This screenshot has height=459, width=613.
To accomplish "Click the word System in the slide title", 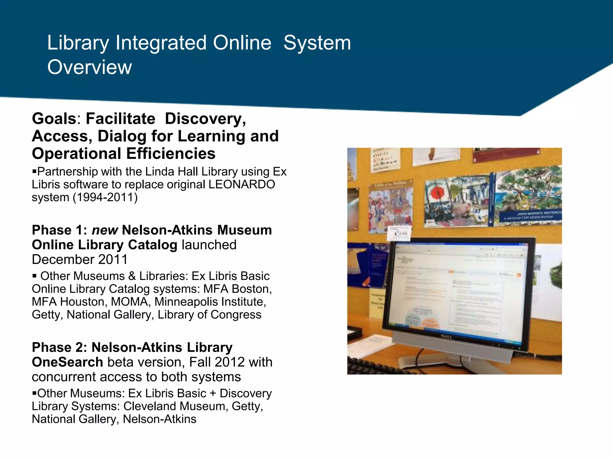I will click(317, 43).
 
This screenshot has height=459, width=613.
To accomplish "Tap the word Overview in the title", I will click(89, 67).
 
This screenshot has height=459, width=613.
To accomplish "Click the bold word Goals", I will click(54, 119).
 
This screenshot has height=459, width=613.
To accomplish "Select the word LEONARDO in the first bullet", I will click(242, 185).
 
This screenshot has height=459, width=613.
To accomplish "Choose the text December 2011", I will click(80, 259).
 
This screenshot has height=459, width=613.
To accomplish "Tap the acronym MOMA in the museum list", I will click(130, 302).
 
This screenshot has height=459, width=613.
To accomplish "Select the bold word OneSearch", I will click(67, 362).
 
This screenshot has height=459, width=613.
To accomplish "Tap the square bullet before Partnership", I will click(34, 172).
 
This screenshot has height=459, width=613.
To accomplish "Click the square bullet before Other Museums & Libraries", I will click(34, 276).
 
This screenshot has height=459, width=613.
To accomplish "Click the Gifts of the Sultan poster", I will click(391, 206).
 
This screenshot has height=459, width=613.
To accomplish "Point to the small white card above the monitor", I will click(399, 233).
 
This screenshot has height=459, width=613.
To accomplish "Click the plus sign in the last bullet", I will click(213, 394).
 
